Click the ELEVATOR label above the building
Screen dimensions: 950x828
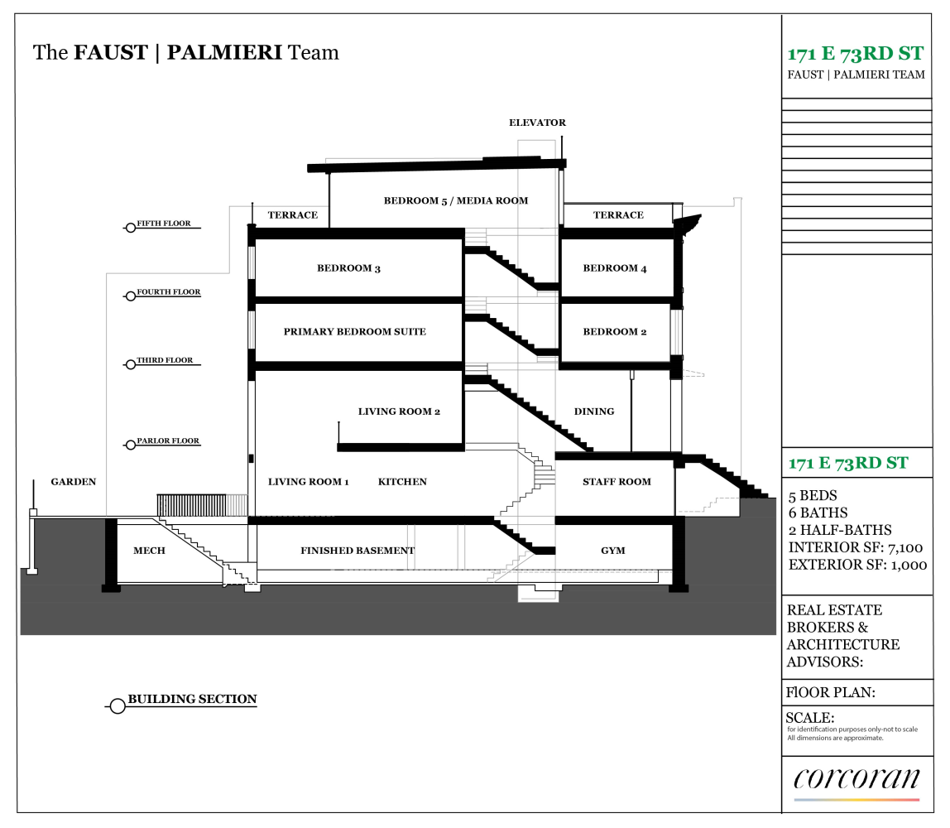pyautogui.click(x=537, y=123)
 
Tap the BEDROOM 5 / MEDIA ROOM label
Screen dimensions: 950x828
pyautogui.click(x=455, y=200)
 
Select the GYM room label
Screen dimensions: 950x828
pyautogui.click(x=612, y=551)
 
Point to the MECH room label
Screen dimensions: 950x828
pyautogui.click(x=149, y=551)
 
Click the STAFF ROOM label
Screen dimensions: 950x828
pyautogui.click(x=617, y=482)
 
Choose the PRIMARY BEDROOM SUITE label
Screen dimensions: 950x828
pyautogui.click(x=354, y=332)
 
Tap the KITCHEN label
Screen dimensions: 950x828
pyautogui.click(x=402, y=482)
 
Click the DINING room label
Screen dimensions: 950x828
pyautogui.click(x=594, y=412)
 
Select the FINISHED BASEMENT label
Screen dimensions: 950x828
pyautogui.click(x=357, y=551)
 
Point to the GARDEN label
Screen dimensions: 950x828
pyautogui.click(x=74, y=482)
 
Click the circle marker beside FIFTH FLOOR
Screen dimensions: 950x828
pyautogui.click(x=130, y=228)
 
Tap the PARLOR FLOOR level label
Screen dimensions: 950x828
pyautogui.click(x=168, y=441)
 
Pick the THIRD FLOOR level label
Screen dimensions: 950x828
pyautogui.click(x=165, y=361)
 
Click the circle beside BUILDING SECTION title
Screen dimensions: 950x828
pyautogui.click(x=118, y=706)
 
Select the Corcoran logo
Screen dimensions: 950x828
pyautogui.click(x=856, y=781)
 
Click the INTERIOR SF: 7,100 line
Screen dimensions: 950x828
pyautogui.click(x=856, y=547)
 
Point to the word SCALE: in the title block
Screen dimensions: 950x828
pyautogui.click(x=810, y=717)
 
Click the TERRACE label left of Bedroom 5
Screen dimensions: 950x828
pyautogui.click(x=292, y=215)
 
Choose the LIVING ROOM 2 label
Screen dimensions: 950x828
pyautogui.click(x=399, y=412)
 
